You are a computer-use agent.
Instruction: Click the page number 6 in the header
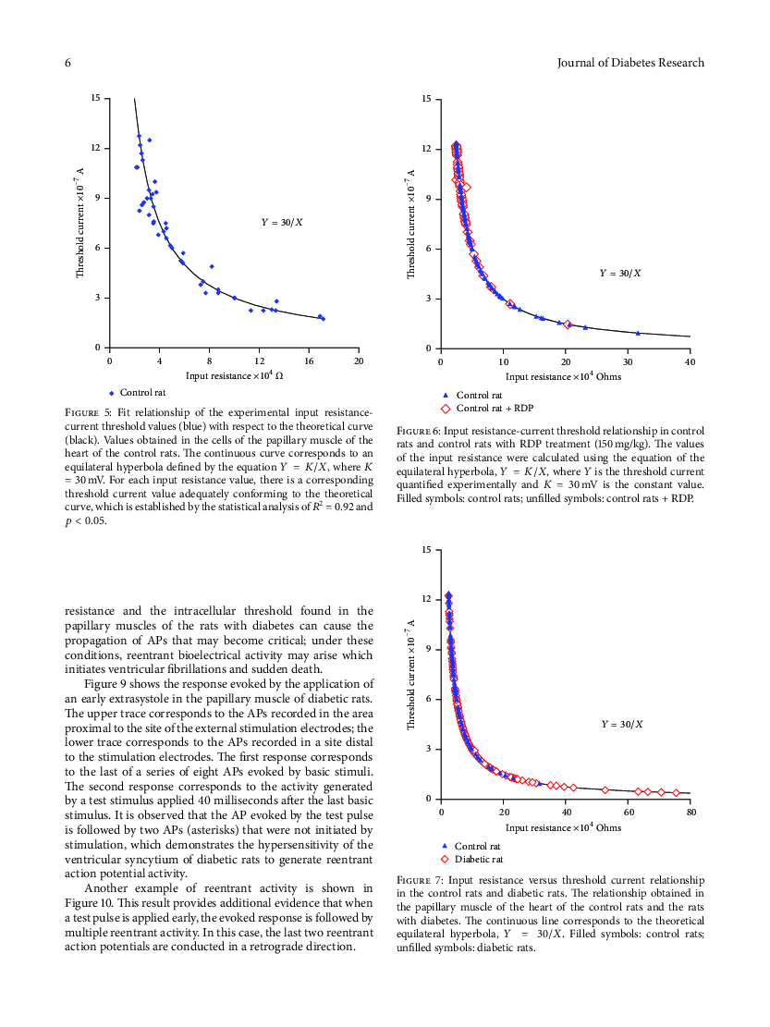[67, 63]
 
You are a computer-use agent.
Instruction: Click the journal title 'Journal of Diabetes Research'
[630, 63]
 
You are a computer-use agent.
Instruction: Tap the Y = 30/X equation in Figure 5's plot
[282, 223]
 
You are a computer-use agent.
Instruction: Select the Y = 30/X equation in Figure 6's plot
[620, 273]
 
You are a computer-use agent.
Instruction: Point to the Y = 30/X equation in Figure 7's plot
[622, 725]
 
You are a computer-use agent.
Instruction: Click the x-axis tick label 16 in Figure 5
[309, 361]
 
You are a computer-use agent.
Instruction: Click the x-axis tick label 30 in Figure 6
[628, 362]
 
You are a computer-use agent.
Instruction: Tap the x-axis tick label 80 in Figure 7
[691, 813]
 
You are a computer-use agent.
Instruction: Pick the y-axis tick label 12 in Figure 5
[95, 148]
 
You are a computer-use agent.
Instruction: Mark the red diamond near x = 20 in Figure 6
[568, 324]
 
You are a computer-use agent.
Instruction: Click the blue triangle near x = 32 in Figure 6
[638, 333]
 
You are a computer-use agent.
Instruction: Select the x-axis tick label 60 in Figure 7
[629, 813]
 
